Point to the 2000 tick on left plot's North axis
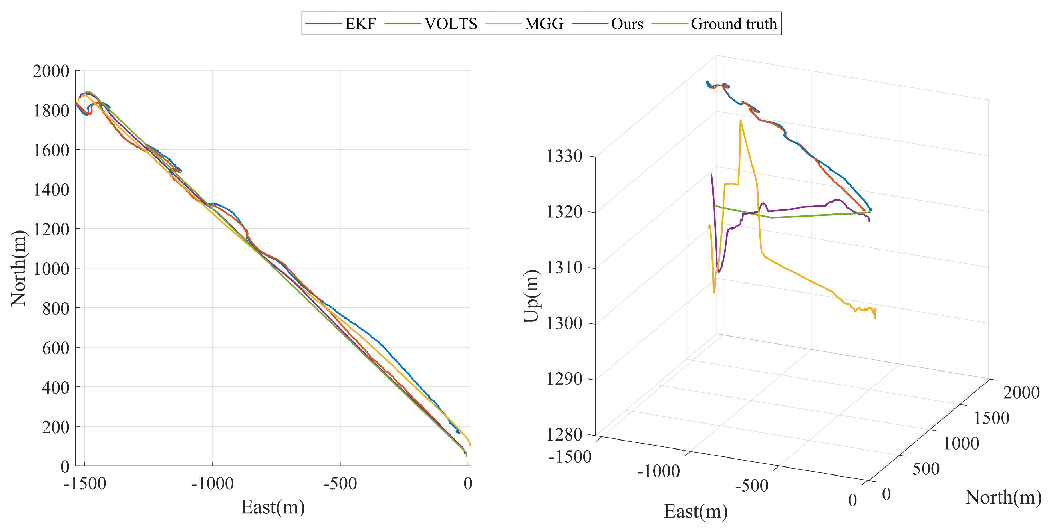(x=51, y=71)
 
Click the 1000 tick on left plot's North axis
(x=51, y=269)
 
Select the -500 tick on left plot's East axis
(x=340, y=483)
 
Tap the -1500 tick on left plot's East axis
(x=85, y=483)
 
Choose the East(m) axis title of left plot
(x=273, y=507)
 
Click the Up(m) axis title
(x=531, y=296)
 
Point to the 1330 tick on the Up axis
(x=565, y=156)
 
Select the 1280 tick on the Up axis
(x=565, y=435)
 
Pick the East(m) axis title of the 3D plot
(x=696, y=511)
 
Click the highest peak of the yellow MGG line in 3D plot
(x=740, y=120)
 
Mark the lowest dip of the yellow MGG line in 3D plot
(x=714, y=292)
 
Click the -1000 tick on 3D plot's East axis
(x=658, y=471)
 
